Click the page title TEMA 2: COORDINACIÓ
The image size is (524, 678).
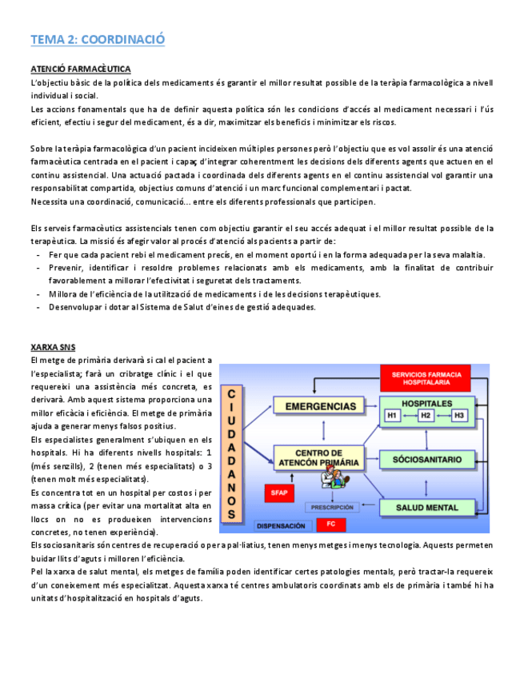(x=98, y=39)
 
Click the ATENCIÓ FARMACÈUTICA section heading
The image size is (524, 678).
(x=81, y=70)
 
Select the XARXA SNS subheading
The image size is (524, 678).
(x=54, y=348)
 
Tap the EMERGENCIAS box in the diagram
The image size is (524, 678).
(x=320, y=406)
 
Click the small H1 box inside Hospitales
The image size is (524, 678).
(x=393, y=416)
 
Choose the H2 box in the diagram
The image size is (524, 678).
(x=426, y=416)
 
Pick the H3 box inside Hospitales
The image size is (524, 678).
(x=458, y=416)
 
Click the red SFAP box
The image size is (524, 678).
(x=278, y=493)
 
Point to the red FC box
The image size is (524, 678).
(x=330, y=525)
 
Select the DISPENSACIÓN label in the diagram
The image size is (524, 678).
(x=280, y=525)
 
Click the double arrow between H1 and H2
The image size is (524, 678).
(x=409, y=416)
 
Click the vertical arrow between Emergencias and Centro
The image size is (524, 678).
(x=320, y=432)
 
